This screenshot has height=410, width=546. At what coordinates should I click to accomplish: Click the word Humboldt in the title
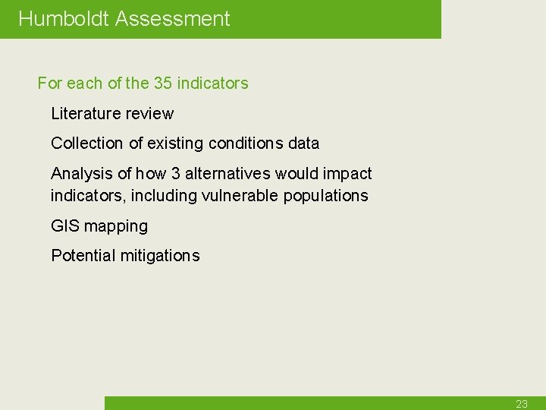click(x=64, y=19)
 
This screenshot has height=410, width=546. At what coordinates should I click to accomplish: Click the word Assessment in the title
click(x=172, y=19)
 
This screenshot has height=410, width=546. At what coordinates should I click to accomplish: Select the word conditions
click(x=246, y=143)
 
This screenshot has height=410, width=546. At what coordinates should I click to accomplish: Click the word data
click(x=303, y=143)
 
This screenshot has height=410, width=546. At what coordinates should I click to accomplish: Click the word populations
click(x=326, y=196)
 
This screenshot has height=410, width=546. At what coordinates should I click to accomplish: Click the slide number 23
click(x=522, y=404)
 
